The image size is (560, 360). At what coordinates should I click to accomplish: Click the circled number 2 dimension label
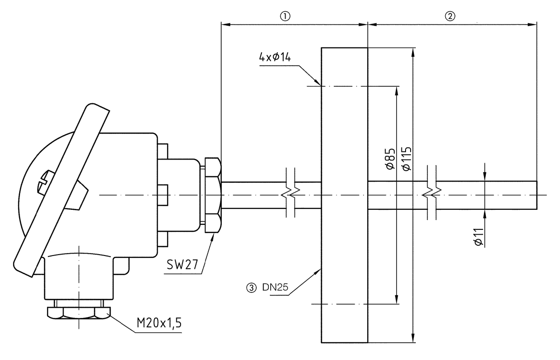(x=450, y=15)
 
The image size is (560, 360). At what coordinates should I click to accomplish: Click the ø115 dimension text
(x=406, y=158)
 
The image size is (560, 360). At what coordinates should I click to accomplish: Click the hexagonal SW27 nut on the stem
(x=213, y=194)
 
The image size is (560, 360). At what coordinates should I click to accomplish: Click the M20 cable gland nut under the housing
(x=78, y=312)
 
